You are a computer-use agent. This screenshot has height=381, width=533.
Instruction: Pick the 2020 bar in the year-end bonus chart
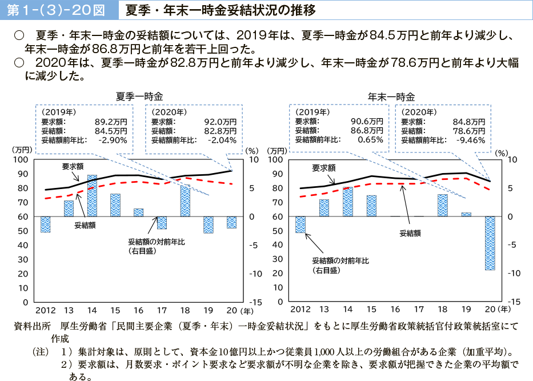(490, 243)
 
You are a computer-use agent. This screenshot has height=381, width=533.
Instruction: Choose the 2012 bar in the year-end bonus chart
(300, 224)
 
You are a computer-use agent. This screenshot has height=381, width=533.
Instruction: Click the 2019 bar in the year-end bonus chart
(466, 214)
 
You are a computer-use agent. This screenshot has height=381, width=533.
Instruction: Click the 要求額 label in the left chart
(73, 167)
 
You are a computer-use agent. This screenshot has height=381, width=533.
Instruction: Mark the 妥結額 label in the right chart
(410, 232)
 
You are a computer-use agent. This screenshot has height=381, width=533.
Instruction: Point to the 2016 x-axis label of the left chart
(139, 310)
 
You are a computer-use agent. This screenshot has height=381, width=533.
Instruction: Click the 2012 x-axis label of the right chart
(300, 310)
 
